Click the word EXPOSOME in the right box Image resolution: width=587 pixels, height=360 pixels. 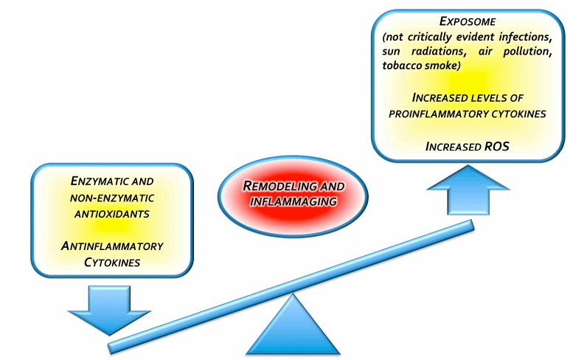tap(474, 22)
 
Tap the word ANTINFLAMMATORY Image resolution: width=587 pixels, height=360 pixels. tap(112, 246)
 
